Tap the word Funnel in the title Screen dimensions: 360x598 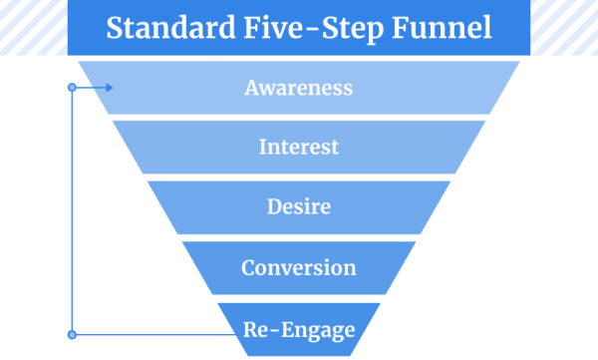coord(440,27)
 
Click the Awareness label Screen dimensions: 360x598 coord(299,88)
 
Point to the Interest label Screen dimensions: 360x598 coord(299,148)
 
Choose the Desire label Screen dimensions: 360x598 coord(299,207)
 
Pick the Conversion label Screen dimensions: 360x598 coord(299,267)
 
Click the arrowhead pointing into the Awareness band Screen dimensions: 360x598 coord(108,88)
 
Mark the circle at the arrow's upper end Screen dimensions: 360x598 coord(72,88)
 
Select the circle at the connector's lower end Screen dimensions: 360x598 coord(72,334)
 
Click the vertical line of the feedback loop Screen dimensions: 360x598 coord(72,209)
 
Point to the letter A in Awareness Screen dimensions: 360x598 coord(251,88)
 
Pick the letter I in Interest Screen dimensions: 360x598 coord(263,148)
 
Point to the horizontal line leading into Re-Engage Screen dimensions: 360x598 coord(149,334)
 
